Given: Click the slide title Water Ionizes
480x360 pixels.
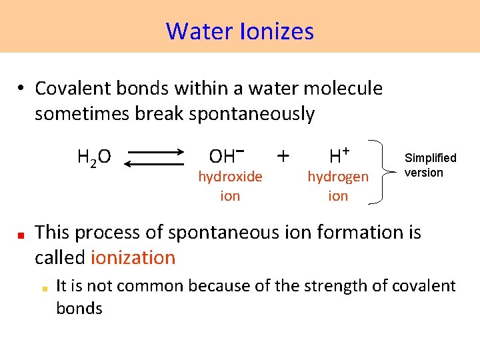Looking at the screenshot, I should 240,31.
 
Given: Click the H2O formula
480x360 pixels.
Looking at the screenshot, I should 94,158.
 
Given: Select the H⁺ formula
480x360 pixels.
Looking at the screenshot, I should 339,156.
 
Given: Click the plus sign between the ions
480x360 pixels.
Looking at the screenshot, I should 283,156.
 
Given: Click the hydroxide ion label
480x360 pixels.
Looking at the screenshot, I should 230,186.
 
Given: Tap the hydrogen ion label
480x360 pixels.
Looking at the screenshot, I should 337,186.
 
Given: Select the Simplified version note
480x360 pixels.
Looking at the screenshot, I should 430,165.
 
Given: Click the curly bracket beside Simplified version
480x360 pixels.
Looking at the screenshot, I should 385,170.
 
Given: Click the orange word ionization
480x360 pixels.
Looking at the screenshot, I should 133,257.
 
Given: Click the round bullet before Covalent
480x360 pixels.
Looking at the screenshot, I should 21,89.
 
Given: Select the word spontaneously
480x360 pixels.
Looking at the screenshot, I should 251,114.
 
